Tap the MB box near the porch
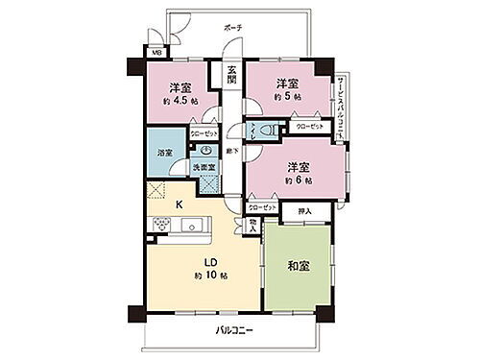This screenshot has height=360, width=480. click(x=155, y=53)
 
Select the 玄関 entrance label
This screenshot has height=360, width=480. click(x=232, y=73)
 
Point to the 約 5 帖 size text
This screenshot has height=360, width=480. click(x=287, y=96)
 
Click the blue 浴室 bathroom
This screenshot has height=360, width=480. click(x=165, y=153)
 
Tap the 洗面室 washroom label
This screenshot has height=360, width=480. click(x=205, y=169)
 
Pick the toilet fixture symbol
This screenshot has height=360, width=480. click(x=272, y=130)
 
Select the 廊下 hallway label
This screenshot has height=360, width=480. click(x=232, y=151)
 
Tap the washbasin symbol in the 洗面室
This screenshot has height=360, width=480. click(x=205, y=150)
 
